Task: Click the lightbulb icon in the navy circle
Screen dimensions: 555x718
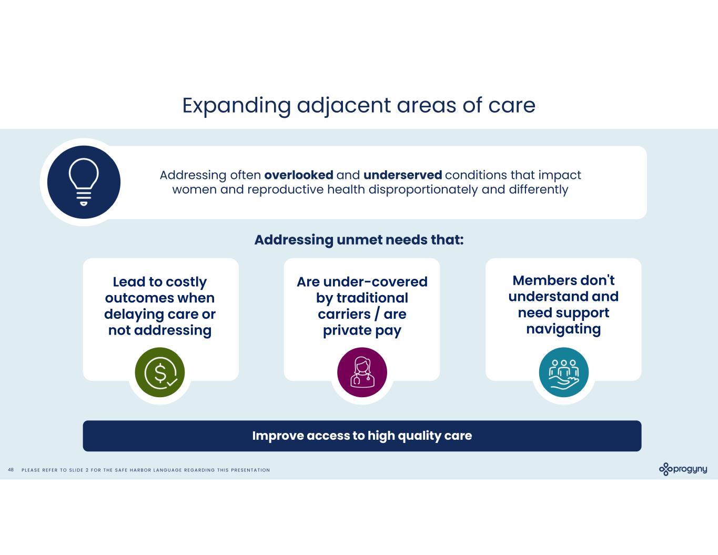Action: (x=84, y=182)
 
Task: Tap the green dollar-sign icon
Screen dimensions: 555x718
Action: (x=160, y=372)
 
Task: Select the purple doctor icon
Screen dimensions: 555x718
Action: (x=362, y=372)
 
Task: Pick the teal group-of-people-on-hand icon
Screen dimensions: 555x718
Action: (x=563, y=372)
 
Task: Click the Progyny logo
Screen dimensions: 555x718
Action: (x=683, y=469)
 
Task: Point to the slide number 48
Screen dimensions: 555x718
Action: (x=11, y=470)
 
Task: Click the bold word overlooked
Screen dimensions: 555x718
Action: (x=299, y=175)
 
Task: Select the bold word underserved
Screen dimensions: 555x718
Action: (x=402, y=175)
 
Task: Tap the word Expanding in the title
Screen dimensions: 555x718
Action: (x=236, y=105)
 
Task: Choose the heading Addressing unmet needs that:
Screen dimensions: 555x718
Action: (x=359, y=240)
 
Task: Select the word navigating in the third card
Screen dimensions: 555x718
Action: (x=563, y=329)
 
